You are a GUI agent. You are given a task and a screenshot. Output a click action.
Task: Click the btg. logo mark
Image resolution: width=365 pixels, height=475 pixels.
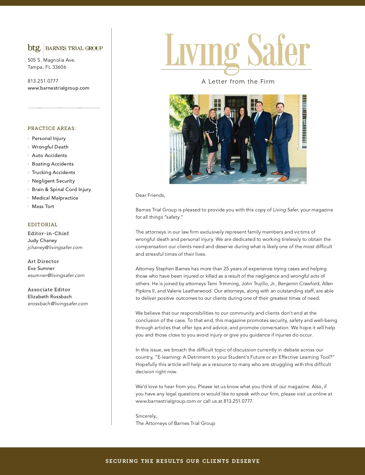(34, 48)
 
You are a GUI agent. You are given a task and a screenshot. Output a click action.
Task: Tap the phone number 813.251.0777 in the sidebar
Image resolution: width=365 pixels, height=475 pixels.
(43, 81)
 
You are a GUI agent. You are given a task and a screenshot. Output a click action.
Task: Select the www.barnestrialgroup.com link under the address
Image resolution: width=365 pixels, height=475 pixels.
(58, 88)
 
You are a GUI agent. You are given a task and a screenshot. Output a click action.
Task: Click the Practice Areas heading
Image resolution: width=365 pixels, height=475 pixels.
(52, 128)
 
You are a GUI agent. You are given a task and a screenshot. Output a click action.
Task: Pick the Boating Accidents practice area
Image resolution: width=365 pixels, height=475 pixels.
(53, 164)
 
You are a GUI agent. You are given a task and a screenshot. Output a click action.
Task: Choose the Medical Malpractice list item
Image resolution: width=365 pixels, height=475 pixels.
(55, 198)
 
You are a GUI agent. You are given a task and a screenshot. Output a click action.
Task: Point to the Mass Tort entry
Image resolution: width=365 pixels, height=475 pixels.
(43, 207)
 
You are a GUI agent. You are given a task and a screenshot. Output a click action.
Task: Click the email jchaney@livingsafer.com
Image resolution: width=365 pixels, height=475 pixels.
(55, 248)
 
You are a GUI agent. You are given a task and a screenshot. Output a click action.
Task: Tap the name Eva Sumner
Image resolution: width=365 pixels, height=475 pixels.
(41, 268)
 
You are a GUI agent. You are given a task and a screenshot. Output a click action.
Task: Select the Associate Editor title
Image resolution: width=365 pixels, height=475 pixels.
(49, 290)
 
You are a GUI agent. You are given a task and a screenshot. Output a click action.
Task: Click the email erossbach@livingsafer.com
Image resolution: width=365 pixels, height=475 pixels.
(58, 304)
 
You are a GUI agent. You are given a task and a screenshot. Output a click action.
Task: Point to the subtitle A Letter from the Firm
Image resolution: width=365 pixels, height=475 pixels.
(238, 82)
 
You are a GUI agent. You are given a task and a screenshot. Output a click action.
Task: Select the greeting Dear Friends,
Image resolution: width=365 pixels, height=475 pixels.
(150, 195)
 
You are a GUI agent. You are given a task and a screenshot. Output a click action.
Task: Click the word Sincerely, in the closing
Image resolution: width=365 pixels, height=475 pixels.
(146, 416)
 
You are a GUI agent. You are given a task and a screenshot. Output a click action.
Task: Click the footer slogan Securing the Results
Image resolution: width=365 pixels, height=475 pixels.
(182, 461)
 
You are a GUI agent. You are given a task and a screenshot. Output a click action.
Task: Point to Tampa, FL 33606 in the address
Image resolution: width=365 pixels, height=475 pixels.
(47, 67)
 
